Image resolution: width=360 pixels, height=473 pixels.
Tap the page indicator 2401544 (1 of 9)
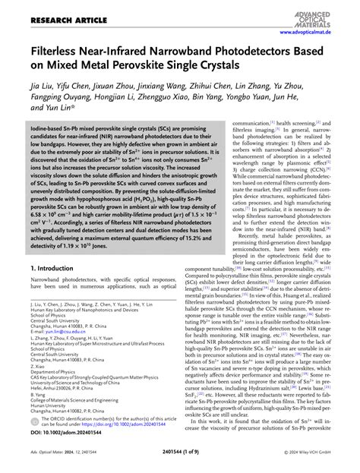tap(180, 457)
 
